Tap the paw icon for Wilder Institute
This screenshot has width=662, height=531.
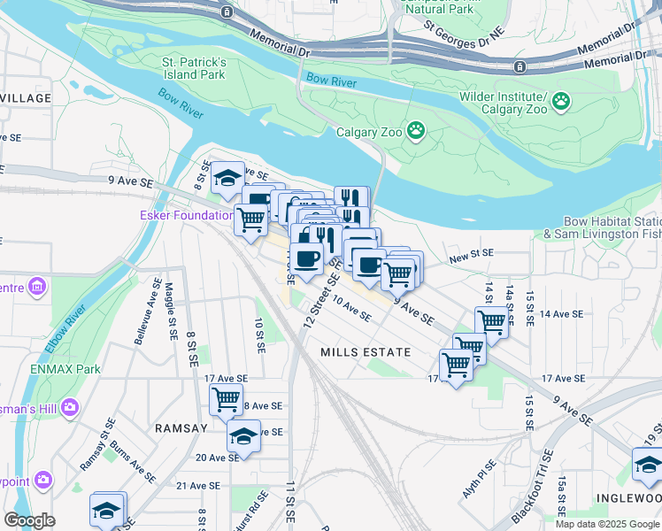(560, 103)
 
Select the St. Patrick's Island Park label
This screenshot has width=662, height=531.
(194, 69)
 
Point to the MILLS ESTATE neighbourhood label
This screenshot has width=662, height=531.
(366, 352)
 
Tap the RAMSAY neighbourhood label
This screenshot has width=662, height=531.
(181, 427)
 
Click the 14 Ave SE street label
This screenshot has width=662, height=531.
(561, 314)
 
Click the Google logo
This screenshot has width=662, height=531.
(29, 520)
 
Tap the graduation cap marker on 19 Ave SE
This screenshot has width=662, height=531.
(243, 435)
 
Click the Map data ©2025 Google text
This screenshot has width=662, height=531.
(606, 524)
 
